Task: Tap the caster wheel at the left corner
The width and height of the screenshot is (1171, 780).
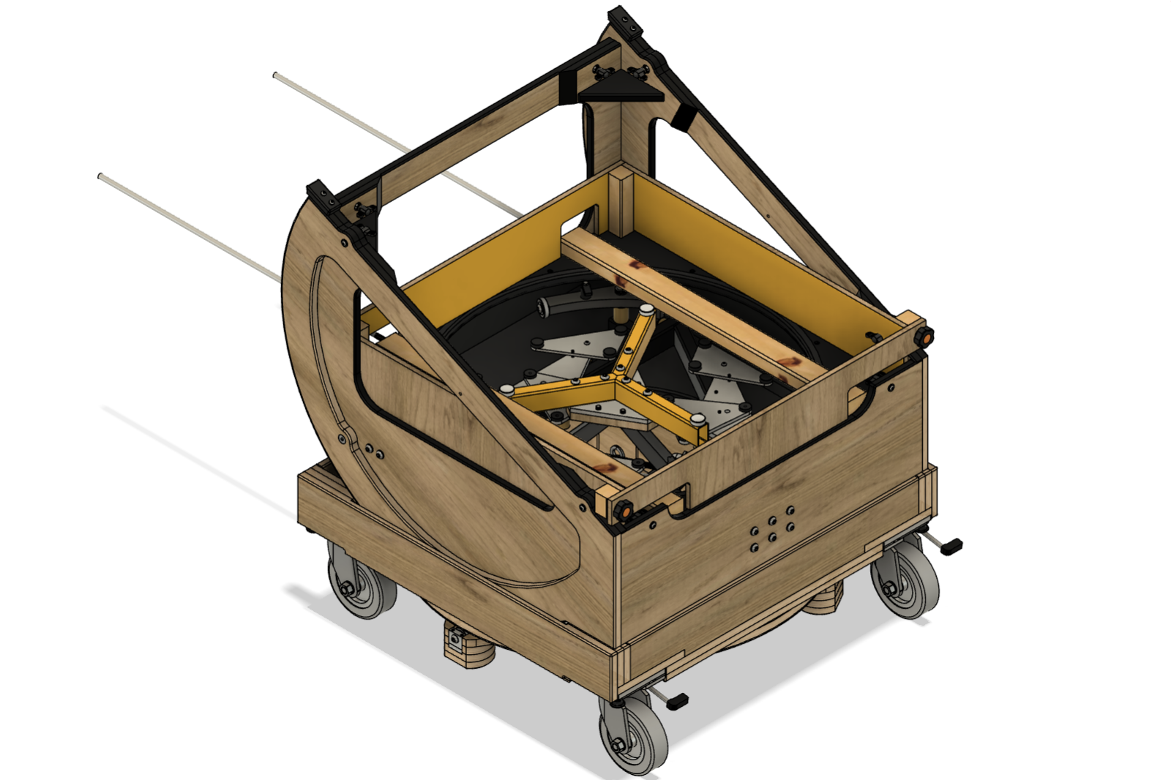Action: click(361, 582)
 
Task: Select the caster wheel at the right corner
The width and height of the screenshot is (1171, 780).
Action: click(907, 582)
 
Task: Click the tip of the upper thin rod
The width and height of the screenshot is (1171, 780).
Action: click(277, 75)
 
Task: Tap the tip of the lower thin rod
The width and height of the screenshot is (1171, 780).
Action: click(101, 176)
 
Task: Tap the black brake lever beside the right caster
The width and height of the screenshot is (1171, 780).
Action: click(951, 545)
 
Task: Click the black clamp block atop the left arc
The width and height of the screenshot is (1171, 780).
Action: click(321, 195)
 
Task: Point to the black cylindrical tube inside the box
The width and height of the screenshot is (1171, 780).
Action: click(559, 305)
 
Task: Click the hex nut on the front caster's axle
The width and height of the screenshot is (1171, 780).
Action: click(617, 746)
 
